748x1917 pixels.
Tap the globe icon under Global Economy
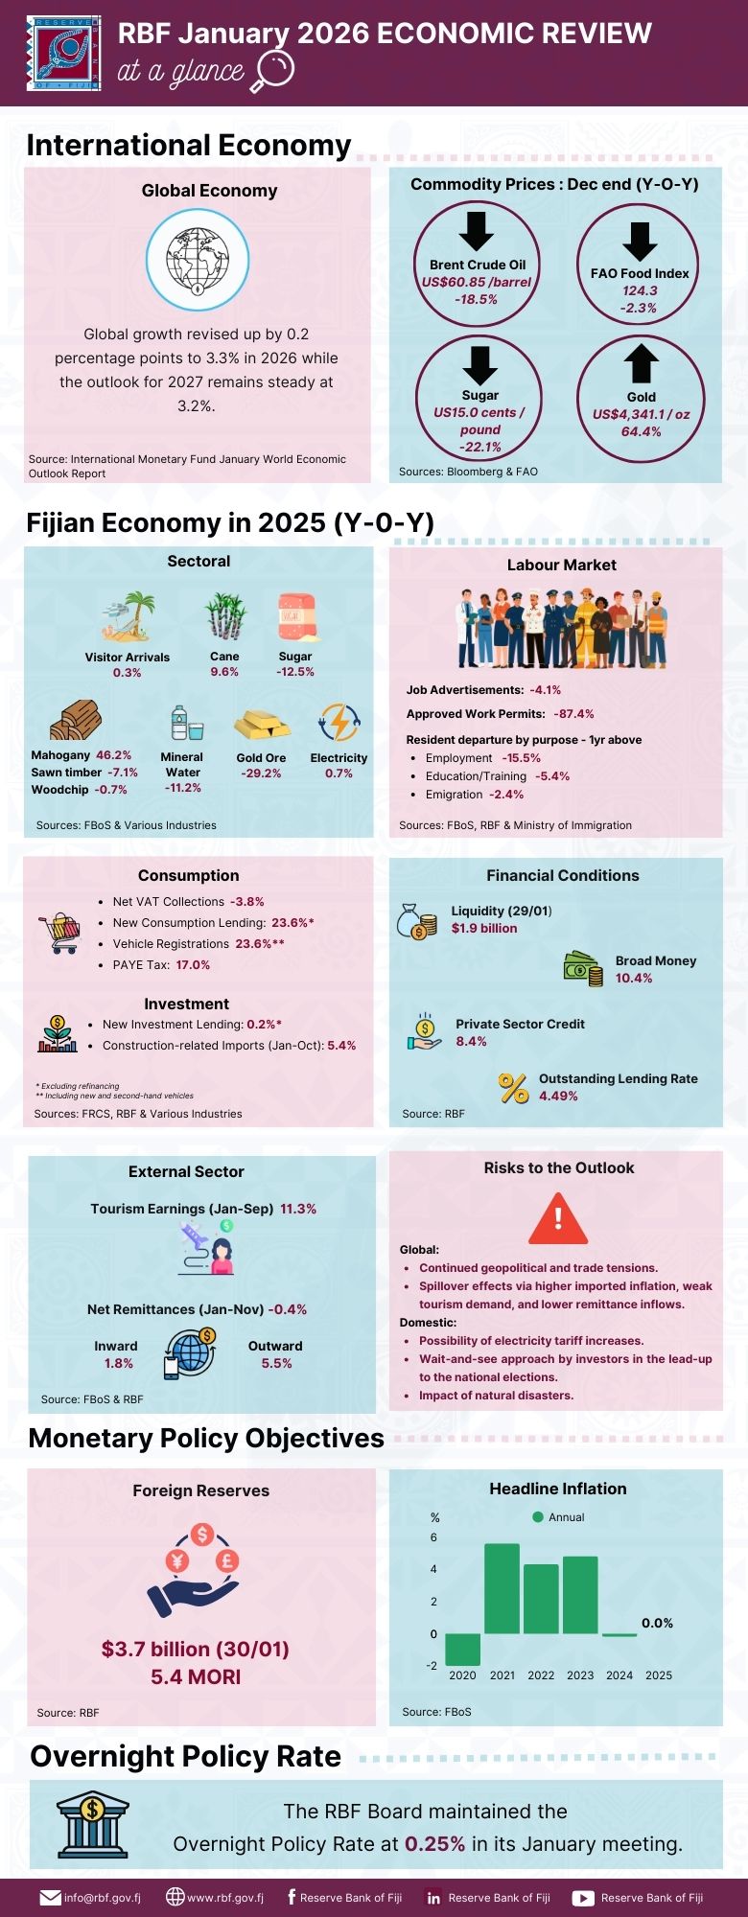198,260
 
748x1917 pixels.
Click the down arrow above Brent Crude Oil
477,231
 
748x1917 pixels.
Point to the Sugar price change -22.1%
479,447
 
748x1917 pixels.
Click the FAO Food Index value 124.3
640,290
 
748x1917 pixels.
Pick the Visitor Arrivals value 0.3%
127,673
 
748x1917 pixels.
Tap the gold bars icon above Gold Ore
262,724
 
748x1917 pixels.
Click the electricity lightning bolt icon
339,723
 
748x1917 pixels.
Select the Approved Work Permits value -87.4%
573,714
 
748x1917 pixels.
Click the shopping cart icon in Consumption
59,933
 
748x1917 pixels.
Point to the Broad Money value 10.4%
634,978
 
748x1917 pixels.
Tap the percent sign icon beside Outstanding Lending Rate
513,1088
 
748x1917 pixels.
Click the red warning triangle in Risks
558,1218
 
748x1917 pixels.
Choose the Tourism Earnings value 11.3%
298,1209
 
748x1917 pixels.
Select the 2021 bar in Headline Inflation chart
502,1588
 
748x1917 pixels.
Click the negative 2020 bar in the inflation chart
462,1650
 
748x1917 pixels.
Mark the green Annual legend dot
538,1516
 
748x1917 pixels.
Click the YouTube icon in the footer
583,1898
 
